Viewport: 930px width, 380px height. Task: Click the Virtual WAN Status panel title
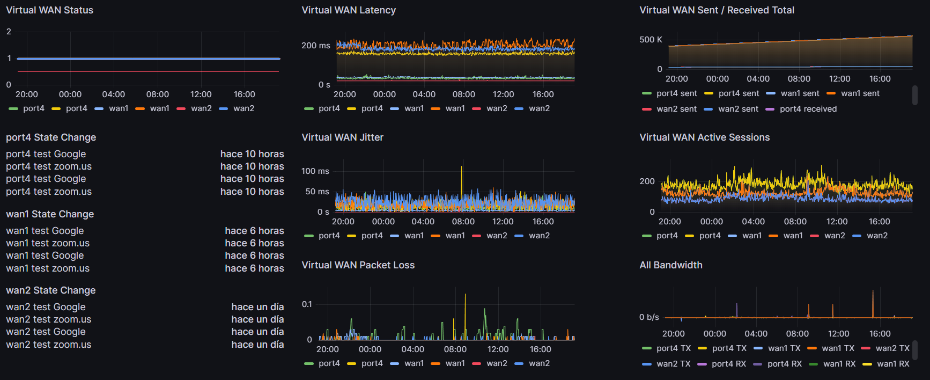pyautogui.click(x=49, y=10)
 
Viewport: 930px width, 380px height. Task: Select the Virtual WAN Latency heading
pyautogui.click(x=349, y=10)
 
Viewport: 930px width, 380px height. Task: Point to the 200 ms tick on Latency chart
pyautogui.click(x=315, y=46)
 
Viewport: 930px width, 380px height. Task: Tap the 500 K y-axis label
pyautogui.click(x=651, y=40)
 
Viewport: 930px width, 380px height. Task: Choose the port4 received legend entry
pyautogui.click(x=808, y=109)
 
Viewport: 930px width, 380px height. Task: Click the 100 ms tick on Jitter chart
pyautogui.click(x=315, y=171)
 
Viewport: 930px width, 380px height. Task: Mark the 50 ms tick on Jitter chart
pyautogui.click(x=317, y=192)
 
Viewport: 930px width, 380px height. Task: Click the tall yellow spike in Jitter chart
pyautogui.click(x=461, y=177)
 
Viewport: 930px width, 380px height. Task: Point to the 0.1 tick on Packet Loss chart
pyautogui.click(x=307, y=304)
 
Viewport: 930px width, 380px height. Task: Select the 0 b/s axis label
pyautogui.click(x=649, y=317)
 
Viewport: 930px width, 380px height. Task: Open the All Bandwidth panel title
pyautogui.click(x=670, y=265)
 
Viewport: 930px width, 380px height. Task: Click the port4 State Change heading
pyautogui.click(x=51, y=137)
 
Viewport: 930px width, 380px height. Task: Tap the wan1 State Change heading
pyautogui.click(x=50, y=214)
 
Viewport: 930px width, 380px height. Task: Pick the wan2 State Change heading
pyautogui.click(x=51, y=290)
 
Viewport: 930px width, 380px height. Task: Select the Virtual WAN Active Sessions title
pyautogui.click(x=704, y=137)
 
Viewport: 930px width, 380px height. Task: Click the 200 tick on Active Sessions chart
pyautogui.click(x=647, y=181)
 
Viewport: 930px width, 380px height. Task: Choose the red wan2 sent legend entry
pyautogui.click(x=676, y=109)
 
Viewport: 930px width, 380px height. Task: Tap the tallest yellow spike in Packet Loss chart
pyautogui.click(x=465, y=301)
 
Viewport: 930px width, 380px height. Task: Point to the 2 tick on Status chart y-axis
pyautogui.click(x=9, y=32)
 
